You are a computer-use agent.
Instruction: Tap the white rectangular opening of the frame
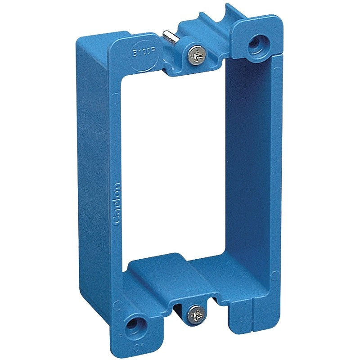click(175, 171)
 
